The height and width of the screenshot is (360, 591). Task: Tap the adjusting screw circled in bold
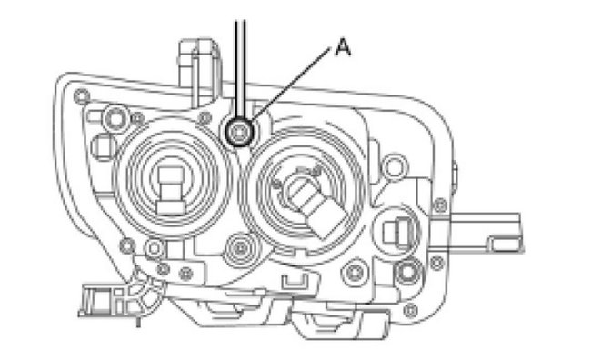click(x=239, y=133)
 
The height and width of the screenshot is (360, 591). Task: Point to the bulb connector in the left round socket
click(x=171, y=188)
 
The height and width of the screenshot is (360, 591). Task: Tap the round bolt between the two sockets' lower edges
click(x=240, y=245)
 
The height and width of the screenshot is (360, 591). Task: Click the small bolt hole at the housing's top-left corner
click(x=81, y=95)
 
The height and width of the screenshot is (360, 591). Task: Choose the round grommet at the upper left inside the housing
click(x=115, y=116)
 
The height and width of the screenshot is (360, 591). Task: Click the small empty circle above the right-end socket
click(x=393, y=166)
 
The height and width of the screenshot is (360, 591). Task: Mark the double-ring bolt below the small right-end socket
click(x=408, y=270)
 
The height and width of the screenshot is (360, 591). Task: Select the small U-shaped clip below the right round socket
click(x=291, y=281)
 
